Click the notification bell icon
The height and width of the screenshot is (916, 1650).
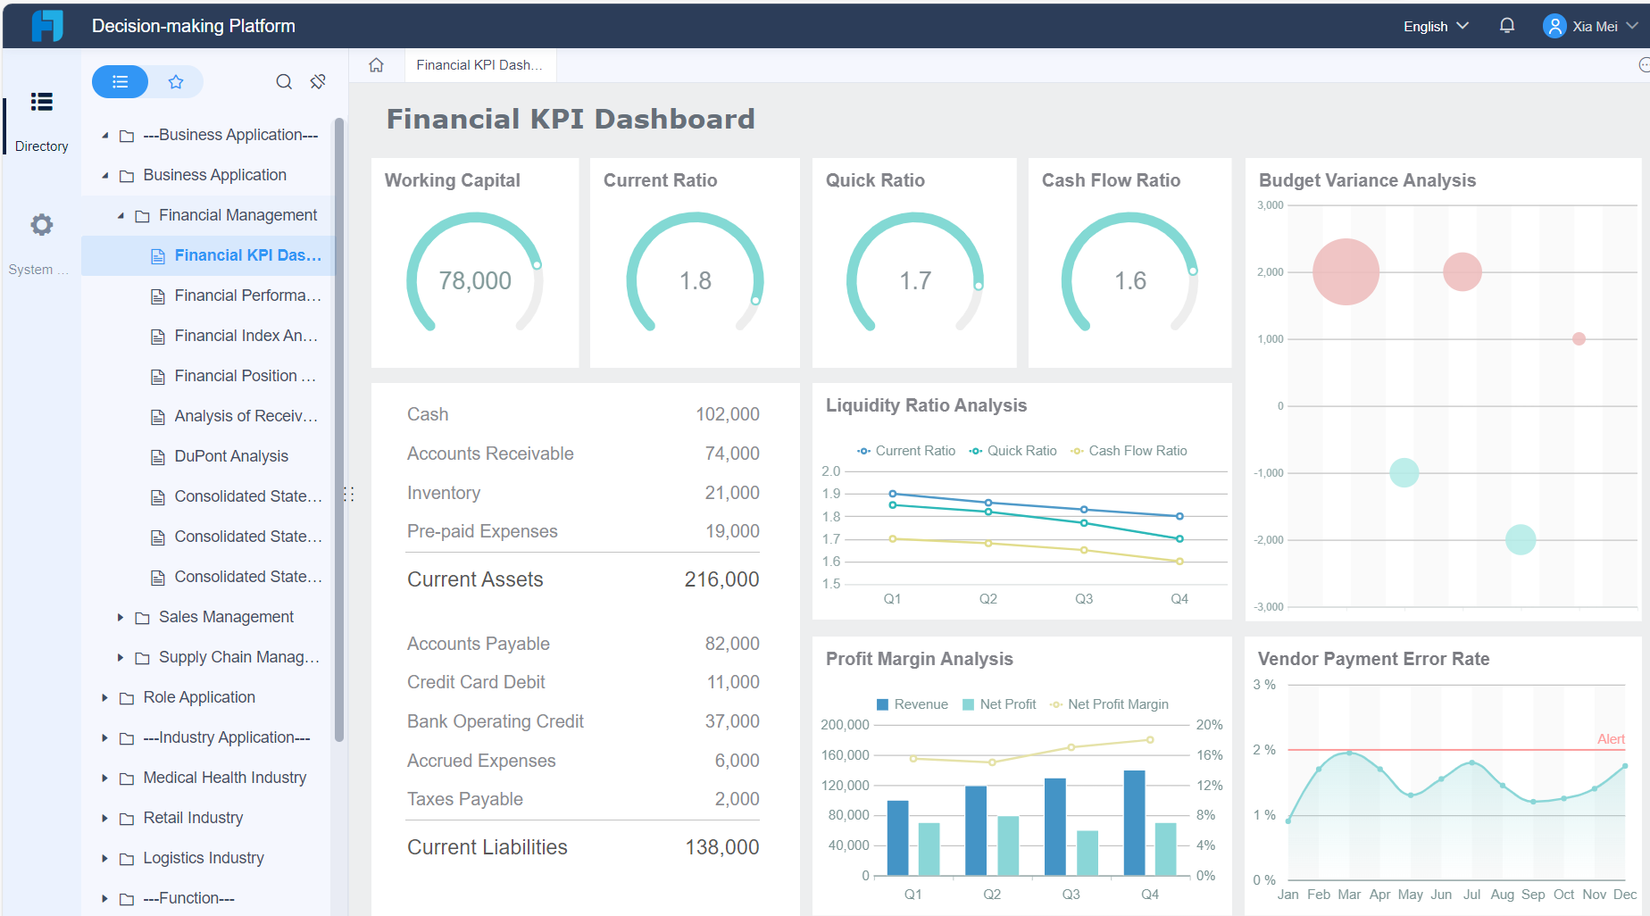[x=1507, y=26]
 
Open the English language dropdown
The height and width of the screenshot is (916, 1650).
[x=1435, y=26]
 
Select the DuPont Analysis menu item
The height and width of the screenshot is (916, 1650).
[x=231, y=456]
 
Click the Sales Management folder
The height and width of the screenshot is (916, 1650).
[x=226, y=617]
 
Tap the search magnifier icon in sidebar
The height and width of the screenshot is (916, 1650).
[x=284, y=82]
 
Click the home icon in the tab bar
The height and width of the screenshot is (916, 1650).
[x=377, y=65]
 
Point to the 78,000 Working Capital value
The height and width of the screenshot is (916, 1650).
[x=475, y=281]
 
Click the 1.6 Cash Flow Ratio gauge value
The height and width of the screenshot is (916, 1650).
[x=1129, y=281]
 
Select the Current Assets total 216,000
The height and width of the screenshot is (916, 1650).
[x=721, y=579]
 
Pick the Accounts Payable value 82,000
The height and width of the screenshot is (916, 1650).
[x=732, y=644]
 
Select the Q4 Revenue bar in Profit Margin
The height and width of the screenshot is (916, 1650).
[x=1134, y=822]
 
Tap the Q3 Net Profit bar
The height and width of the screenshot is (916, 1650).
[x=1087, y=853]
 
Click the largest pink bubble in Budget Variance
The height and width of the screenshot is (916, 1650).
[x=1346, y=272]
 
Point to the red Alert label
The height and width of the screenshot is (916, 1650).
[x=1611, y=739]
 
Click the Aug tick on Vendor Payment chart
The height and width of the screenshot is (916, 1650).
[x=1503, y=895]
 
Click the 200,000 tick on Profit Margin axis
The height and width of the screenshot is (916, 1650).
[x=845, y=725]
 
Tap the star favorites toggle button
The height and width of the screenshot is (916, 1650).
[x=176, y=82]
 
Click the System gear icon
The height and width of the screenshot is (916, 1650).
[x=41, y=225]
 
